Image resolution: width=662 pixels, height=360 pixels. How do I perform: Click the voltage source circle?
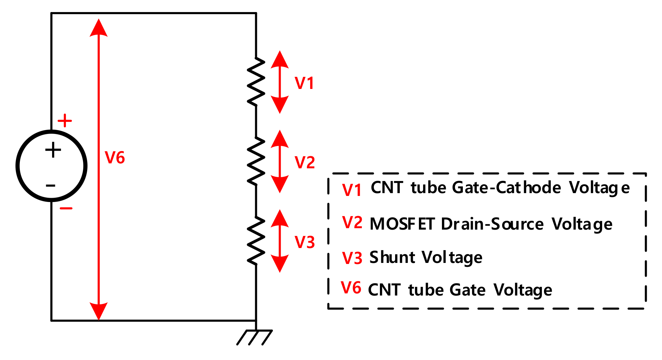tap(51, 166)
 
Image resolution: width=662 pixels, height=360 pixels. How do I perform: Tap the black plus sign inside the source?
tap(53, 150)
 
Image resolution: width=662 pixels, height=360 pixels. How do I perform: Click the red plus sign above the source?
tap(65, 121)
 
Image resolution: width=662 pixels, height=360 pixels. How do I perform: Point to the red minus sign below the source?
tap(66, 208)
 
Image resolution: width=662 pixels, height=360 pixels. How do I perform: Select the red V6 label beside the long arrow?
tap(115, 158)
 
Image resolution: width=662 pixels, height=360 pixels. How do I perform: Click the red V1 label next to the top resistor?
tap(304, 83)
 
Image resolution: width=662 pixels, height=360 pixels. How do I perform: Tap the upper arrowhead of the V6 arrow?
tap(99, 28)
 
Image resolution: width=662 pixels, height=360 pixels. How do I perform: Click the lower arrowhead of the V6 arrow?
tap(99, 311)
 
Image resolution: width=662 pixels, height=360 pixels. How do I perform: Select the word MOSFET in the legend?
tap(402, 224)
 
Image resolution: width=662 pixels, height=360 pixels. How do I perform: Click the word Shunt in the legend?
tap(392, 257)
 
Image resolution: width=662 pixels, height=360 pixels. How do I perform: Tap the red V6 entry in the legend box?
tap(351, 288)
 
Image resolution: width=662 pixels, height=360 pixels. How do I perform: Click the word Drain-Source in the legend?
tap(492, 224)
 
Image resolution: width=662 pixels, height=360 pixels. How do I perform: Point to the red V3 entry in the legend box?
tap(352, 258)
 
